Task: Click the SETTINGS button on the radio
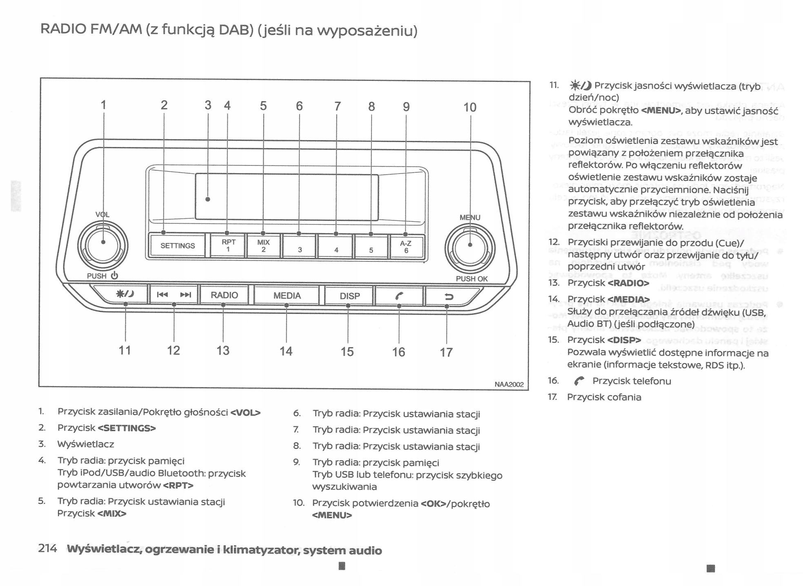coord(177,245)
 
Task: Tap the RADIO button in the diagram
coord(224,295)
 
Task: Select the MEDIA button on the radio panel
coord(287,295)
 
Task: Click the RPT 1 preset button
coord(228,245)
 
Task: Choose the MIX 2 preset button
coord(263,246)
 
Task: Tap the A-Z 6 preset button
coord(406,247)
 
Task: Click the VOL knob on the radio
coord(103,245)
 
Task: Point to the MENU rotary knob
coord(470,248)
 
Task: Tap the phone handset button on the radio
coord(399,296)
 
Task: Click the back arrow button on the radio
coord(449,296)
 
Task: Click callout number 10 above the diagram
coord(469,107)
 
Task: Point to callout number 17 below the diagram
coord(446,352)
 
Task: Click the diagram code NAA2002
coord(509,384)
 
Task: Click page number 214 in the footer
coord(47,548)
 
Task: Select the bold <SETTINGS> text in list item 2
coord(127,428)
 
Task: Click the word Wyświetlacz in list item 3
coord(86,444)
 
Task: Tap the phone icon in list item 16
coord(579,381)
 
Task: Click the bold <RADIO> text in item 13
coord(628,283)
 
